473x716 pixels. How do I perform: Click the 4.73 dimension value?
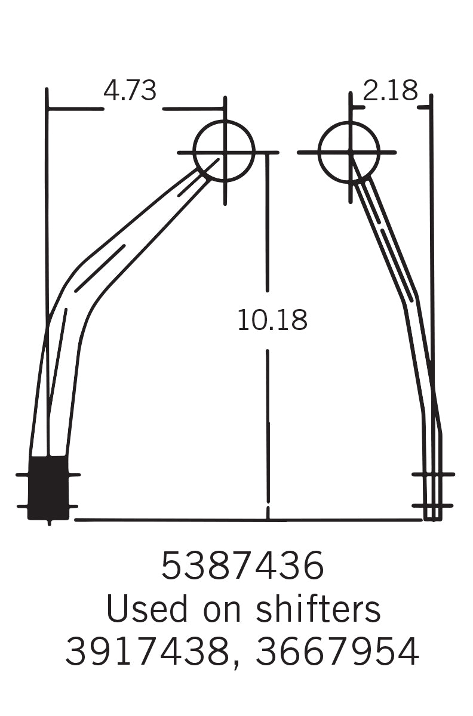click(x=130, y=91)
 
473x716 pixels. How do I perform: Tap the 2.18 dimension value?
click(x=390, y=91)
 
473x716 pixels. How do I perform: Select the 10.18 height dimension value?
click(x=272, y=320)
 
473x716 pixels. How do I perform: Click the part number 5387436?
click(x=242, y=566)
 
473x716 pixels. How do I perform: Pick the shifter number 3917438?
click(x=146, y=652)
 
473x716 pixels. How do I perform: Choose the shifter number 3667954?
click(x=337, y=652)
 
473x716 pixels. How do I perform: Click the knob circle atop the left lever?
click(x=224, y=152)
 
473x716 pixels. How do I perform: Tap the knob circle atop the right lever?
click(x=349, y=152)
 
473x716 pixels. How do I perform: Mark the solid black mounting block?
click(x=48, y=487)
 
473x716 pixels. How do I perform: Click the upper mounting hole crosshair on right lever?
click(x=433, y=474)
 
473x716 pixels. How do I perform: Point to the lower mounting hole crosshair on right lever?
click(x=433, y=506)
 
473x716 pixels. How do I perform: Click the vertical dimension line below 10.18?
click(x=268, y=430)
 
